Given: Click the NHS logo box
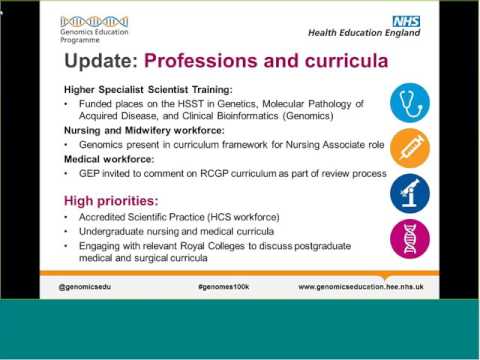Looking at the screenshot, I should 407,20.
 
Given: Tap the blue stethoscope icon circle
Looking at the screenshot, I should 409,102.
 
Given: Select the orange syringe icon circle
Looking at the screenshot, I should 409,148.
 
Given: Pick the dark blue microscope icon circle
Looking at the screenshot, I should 409,193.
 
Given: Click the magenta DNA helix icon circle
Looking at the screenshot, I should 409,238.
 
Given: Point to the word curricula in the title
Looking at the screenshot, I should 335,61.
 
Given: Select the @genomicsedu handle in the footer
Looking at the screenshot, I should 89,286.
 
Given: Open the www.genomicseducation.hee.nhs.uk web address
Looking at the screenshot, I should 360,286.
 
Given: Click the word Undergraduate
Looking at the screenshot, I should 110,231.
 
